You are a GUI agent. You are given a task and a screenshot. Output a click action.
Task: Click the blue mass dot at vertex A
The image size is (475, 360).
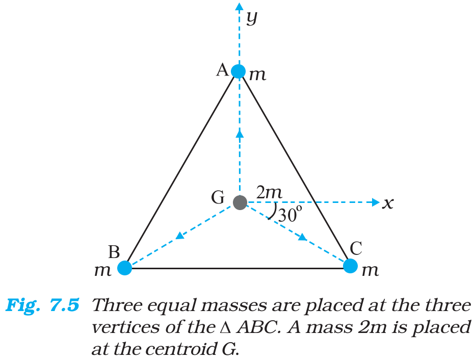coord(239,71)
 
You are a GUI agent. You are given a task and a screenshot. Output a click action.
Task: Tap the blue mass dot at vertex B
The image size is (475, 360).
coord(124,268)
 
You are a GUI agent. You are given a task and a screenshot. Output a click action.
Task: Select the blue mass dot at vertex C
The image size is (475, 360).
coord(351,266)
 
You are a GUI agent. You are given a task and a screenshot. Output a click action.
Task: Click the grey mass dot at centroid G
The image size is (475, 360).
coord(240,202)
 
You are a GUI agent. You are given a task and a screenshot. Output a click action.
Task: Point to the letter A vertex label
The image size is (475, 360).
coord(223,70)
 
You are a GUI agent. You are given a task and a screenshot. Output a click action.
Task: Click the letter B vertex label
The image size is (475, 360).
coord(114,252)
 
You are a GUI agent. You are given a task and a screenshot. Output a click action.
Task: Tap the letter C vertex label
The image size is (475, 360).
coord(356,248)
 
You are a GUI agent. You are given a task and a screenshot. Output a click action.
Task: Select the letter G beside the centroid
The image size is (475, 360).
coord(218,197)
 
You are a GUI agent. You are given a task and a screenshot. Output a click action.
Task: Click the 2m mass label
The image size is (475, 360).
coord(269,192)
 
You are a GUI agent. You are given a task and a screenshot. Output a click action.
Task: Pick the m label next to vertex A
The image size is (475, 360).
coord(257,75)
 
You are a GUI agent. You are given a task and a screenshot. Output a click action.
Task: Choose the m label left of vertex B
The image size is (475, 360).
coord(102,270)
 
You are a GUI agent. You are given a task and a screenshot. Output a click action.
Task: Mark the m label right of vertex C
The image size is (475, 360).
coord(370,270)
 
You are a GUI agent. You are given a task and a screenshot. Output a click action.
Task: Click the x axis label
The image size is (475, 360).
coord(388,203)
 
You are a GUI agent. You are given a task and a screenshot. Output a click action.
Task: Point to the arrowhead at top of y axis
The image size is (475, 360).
coord(240,6)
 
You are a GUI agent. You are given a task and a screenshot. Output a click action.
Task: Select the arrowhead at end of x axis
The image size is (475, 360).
coord(376,202)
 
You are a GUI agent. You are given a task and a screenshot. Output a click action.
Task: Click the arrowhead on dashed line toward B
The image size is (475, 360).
coord(180,235)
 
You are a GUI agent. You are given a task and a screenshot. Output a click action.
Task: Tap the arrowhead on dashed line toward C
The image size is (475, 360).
coord(302,237)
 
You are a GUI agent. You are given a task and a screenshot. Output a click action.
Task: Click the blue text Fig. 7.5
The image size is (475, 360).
coord(42,305)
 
